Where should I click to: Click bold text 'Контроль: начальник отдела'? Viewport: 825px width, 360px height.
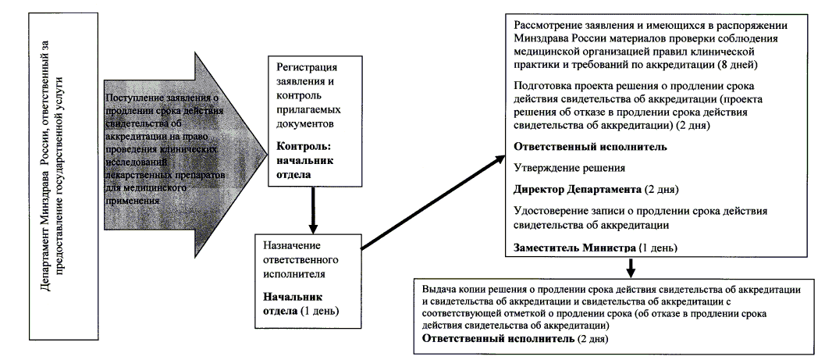(x=304, y=161)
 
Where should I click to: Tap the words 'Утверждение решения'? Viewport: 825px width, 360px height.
(x=558, y=167)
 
